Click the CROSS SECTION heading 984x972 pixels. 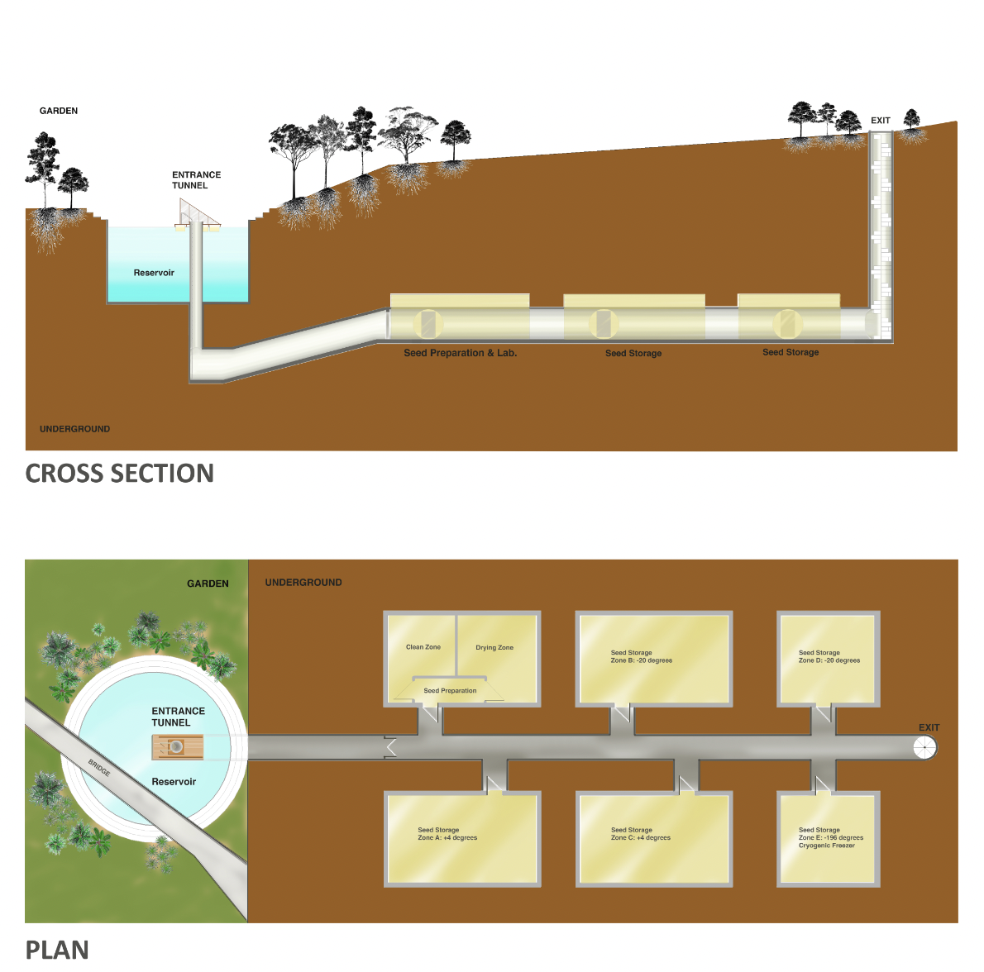coord(119,474)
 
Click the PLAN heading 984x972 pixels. coord(57,950)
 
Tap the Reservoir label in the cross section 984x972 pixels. coord(154,273)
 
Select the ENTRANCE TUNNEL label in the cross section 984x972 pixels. coord(196,180)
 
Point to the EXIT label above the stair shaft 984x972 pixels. coord(881,121)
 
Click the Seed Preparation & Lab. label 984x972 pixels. coord(460,353)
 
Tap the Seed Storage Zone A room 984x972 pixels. coord(463,839)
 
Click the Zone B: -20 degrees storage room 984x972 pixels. coord(653,659)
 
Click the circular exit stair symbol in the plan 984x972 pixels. coord(925,748)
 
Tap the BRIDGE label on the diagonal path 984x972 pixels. coord(99,767)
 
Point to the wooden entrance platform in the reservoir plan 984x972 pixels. coord(176,747)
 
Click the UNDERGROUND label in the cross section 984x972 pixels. coord(74,429)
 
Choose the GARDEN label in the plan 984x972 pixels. coord(208,584)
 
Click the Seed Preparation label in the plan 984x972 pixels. coord(450,691)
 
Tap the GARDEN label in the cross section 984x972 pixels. coord(59,111)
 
